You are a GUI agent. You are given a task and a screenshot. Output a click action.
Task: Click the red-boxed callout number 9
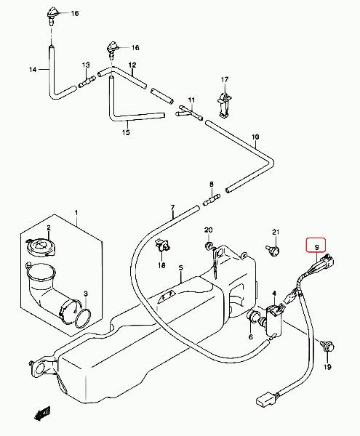(316, 246)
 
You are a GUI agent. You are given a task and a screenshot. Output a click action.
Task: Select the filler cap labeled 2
(41, 246)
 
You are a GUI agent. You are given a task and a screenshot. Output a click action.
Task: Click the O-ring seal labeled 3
(83, 319)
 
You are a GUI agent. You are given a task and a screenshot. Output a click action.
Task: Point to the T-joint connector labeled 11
(189, 113)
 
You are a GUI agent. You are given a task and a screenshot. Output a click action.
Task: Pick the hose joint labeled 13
(87, 82)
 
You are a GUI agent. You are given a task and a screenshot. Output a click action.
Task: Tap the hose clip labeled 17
(225, 105)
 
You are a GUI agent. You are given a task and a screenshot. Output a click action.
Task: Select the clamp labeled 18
(162, 245)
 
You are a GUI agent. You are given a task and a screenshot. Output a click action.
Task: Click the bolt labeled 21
(273, 250)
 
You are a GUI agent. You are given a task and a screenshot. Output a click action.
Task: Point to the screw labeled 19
(327, 346)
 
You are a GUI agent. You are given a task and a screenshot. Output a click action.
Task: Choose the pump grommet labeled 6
(253, 317)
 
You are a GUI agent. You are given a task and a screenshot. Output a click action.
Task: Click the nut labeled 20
(209, 246)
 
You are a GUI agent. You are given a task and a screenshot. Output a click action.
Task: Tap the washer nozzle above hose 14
(52, 16)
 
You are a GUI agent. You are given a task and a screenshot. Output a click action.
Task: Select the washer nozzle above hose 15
(113, 50)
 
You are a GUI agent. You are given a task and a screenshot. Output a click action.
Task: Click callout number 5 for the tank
(181, 268)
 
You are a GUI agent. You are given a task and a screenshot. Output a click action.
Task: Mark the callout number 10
(255, 137)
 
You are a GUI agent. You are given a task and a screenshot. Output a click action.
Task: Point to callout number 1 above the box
(76, 213)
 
